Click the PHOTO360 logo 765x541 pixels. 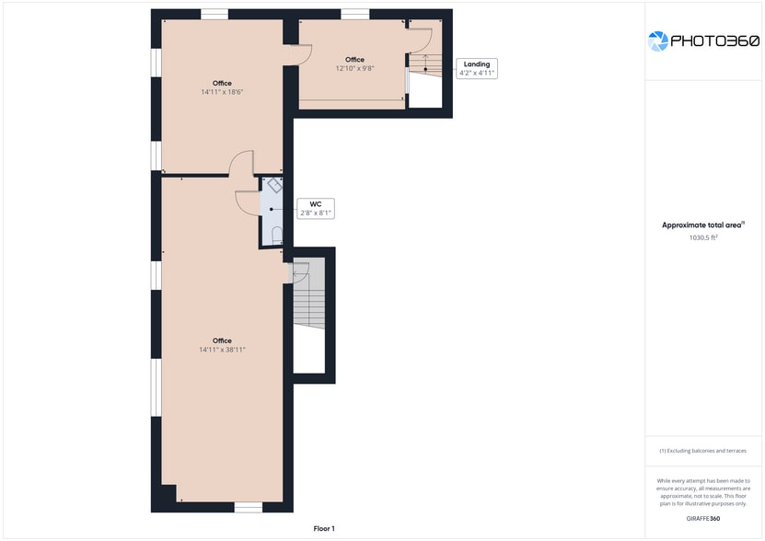point(703,41)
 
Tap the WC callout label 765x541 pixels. point(316,209)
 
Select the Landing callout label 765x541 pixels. point(477,68)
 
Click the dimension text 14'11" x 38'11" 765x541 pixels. point(222,350)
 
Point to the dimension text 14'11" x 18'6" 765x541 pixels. point(222,92)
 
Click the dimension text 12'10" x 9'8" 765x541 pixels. point(354,69)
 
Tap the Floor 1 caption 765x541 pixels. point(324,529)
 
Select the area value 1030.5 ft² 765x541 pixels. point(703,237)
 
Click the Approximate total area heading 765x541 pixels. point(702,224)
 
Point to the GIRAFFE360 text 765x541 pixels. point(703,519)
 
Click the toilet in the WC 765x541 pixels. point(276,236)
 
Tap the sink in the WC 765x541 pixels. point(274,185)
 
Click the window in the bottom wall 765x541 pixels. point(249,508)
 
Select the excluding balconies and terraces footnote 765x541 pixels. point(702,451)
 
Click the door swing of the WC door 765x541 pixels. point(247,203)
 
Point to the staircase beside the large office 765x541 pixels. point(308,294)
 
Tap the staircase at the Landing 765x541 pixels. point(425,65)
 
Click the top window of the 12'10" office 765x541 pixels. point(354,14)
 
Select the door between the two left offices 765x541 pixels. point(241,163)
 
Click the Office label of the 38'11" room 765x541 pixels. point(222,340)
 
